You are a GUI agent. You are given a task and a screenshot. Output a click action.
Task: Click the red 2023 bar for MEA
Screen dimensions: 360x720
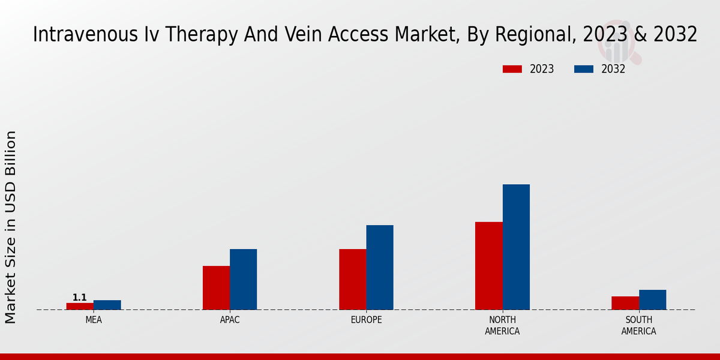[80, 306]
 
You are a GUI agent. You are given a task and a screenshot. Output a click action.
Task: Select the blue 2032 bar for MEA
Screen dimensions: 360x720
[107, 305]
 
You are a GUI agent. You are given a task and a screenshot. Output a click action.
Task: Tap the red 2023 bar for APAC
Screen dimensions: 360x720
[216, 287]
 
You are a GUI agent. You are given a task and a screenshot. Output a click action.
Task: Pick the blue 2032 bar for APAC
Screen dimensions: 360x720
[243, 279]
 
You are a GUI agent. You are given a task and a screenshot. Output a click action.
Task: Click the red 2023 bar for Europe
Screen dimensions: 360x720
[352, 279]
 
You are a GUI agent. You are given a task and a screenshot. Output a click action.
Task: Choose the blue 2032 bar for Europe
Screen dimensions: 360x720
[380, 267]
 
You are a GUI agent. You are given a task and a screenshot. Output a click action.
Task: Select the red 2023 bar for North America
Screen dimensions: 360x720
[489, 266]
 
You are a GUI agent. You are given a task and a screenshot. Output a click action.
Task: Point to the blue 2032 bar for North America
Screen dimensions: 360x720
[516, 247]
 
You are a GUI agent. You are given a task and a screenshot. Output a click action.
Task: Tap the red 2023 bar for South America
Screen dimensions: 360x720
[625, 303]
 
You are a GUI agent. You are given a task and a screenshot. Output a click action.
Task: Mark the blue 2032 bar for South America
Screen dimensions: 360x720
[652, 299]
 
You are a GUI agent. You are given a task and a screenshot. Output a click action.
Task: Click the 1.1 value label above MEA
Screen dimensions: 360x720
[80, 298]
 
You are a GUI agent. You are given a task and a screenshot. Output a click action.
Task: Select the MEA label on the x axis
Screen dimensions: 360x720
[94, 320]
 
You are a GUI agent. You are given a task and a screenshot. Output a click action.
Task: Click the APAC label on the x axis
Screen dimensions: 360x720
[230, 320]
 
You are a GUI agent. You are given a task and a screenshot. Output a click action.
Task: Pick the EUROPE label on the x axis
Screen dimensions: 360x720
[366, 320]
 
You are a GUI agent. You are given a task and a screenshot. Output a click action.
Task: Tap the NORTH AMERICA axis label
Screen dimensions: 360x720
[502, 325]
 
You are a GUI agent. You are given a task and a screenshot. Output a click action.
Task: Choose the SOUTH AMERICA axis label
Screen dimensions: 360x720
[638, 325]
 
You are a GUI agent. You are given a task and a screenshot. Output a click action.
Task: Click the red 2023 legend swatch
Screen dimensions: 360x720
[512, 69]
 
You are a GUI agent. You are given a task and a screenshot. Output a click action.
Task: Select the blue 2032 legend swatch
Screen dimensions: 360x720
[584, 69]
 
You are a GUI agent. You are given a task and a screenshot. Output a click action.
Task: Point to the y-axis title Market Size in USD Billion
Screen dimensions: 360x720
[11, 227]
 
